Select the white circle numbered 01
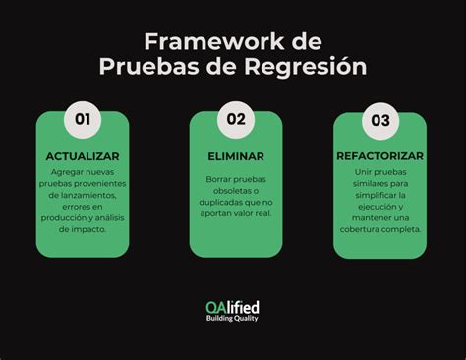point(83,120)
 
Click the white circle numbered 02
point(236,120)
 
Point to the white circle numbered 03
point(379,120)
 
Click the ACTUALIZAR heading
point(83,156)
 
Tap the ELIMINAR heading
point(235,156)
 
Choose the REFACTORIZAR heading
point(379,156)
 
